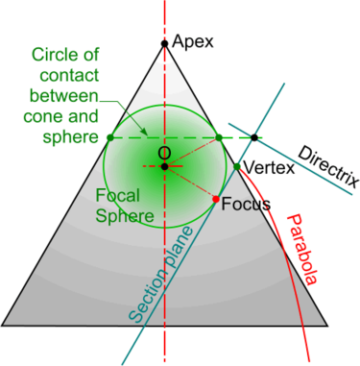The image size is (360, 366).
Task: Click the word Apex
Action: [193, 41]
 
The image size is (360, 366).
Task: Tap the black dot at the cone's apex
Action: [165, 42]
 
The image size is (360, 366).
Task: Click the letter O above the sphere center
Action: [163, 153]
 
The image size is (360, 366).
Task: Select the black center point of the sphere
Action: [165, 167]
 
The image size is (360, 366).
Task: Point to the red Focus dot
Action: [215, 199]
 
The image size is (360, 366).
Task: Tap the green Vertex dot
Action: [237, 168]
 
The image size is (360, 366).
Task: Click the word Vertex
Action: [265, 168]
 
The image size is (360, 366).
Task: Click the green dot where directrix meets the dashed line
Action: [254, 138]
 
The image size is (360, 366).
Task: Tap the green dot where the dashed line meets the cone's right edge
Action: [219, 138]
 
